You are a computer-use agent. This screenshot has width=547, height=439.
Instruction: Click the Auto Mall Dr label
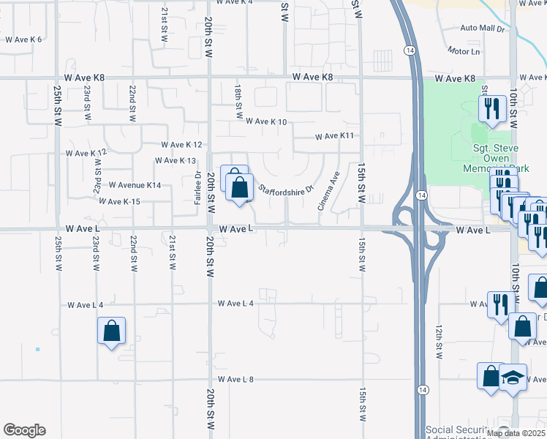point(483,29)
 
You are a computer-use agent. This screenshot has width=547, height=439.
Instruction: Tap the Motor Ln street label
point(464,51)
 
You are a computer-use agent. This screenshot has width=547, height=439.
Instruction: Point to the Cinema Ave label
point(328,192)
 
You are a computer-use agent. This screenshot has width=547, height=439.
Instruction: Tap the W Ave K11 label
point(334,136)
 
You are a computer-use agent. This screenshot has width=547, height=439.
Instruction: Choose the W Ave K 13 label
point(176,160)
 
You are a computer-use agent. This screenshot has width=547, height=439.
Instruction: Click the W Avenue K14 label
point(135,185)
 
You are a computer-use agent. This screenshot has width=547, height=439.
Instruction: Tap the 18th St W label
point(239,101)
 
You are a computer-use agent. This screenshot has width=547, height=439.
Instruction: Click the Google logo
point(24,430)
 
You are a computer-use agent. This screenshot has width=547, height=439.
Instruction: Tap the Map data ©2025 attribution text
point(515,433)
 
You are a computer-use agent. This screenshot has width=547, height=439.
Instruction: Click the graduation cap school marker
point(513,378)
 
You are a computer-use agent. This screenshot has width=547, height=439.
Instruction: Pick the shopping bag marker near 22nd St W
point(111,331)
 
